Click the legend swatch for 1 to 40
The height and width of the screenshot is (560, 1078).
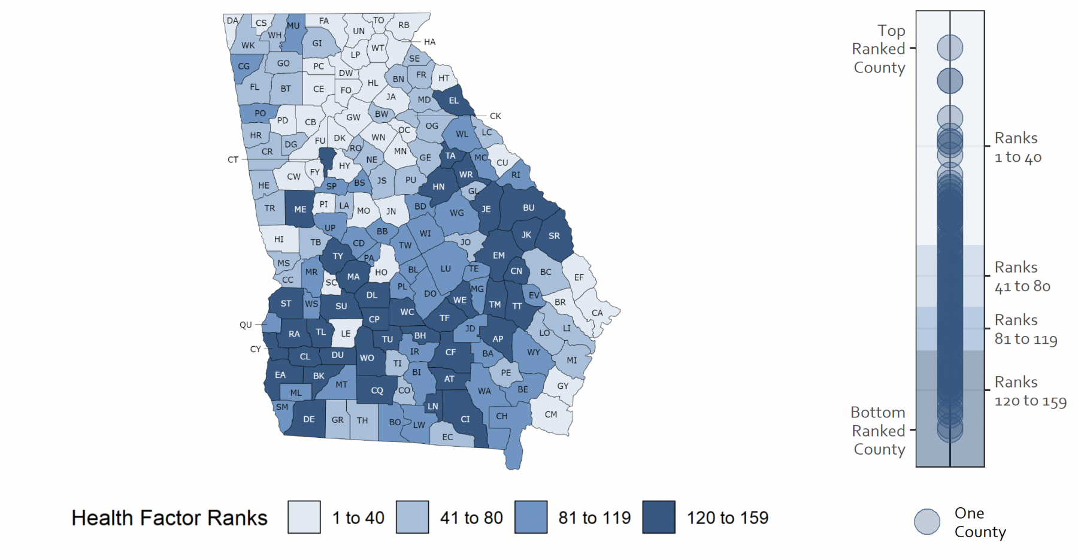click(304, 517)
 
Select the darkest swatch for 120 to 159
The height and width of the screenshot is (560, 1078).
click(659, 517)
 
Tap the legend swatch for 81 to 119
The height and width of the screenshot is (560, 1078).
click(531, 517)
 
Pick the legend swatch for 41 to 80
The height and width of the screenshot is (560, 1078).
click(412, 517)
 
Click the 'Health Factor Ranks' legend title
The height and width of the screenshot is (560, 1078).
click(169, 518)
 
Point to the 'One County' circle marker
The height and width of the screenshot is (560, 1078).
click(927, 522)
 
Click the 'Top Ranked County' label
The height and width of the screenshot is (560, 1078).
click(879, 49)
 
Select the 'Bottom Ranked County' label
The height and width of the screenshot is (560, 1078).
click(879, 431)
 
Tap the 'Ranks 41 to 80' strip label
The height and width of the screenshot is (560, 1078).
click(1022, 277)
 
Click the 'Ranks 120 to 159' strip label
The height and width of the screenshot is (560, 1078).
click(1030, 392)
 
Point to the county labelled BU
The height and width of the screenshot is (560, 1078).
click(528, 208)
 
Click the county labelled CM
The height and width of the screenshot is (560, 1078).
click(551, 414)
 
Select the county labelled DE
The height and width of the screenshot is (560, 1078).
click(308, 419)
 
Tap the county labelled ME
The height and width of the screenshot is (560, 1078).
click(300, 210)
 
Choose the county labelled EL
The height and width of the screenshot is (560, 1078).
click(453, 101)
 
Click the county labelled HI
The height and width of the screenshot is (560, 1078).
click(279, 239)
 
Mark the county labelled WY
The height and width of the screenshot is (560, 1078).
click(533, 352)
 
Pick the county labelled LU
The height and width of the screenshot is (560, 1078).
click(446, 269)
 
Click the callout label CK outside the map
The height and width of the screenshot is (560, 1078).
click(495, 116)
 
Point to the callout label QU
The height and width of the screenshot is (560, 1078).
click(246, 325)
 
